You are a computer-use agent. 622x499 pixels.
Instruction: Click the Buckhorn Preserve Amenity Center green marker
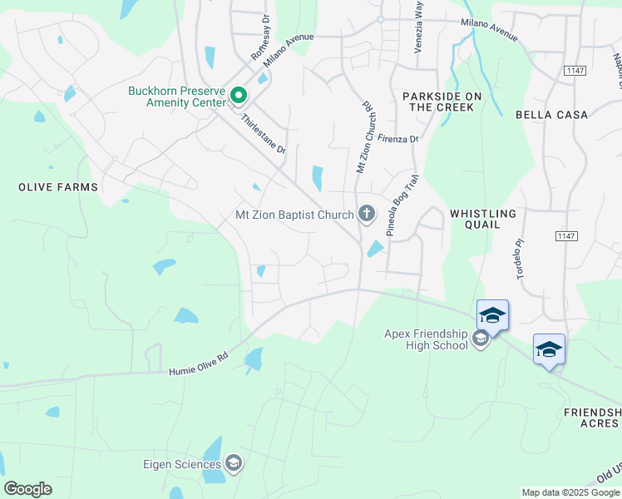click(239, 97)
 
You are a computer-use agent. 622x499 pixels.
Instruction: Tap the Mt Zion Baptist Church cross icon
click(366, 215)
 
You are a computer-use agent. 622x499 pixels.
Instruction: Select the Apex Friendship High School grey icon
click(480, 338)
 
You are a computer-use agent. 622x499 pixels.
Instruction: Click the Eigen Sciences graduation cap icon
click(234, 464)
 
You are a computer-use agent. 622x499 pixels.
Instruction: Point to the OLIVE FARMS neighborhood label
click(58, 187)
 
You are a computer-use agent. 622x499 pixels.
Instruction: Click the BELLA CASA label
click(551, 115)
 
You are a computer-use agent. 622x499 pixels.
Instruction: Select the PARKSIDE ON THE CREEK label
click(442, 101)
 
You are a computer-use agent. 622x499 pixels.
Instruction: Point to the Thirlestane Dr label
click(263, 135)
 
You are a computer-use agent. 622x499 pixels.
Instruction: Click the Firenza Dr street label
click(397, 139)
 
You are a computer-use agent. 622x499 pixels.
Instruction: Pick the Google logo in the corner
click(27, 489)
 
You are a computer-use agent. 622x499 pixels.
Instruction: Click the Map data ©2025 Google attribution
click(571, 492)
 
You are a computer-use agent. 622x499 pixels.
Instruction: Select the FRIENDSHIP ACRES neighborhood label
click(592, 418)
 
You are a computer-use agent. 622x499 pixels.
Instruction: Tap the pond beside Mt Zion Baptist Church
click(375, 249)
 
